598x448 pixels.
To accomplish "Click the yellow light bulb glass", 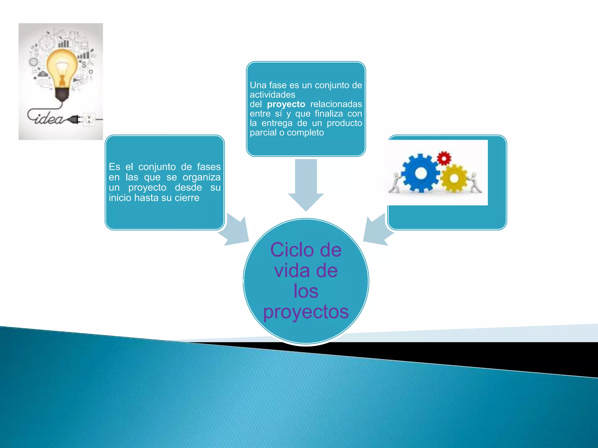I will [62, 66].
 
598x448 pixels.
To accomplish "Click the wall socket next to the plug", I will [89, 119].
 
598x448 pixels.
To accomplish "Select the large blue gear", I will [420, 174].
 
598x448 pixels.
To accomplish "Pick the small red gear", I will [444, 158].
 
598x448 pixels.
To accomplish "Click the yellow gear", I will [454, 178].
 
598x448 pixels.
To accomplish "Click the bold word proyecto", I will [286, 104].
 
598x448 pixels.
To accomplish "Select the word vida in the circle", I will [292, 271].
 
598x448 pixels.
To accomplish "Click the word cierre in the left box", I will [187, 198].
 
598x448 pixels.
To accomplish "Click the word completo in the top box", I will [305, 132].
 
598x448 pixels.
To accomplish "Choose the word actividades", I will [272, 94].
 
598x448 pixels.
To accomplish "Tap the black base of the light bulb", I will [62, 94].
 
